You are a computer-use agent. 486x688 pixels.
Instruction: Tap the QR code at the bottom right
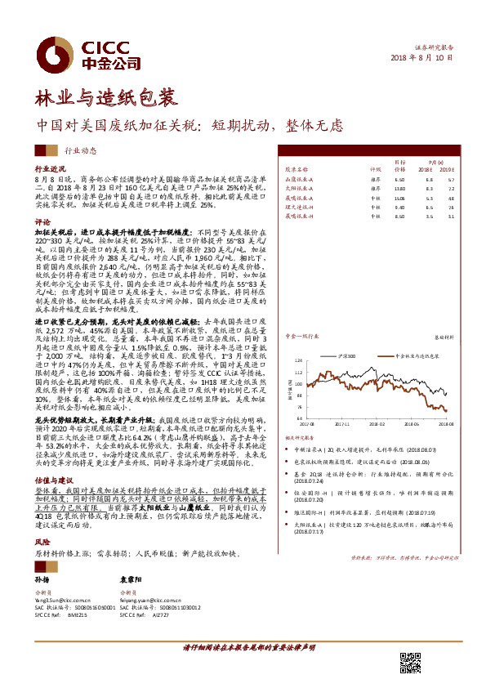[411, 663]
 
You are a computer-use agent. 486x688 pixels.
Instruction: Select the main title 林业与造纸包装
[105, 99]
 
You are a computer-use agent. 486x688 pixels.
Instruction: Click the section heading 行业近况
[50, 165]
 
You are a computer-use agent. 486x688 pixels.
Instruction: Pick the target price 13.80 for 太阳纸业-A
[399, 188]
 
